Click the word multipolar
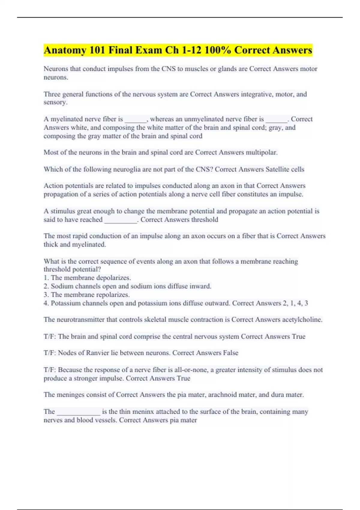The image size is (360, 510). click(262, 152)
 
